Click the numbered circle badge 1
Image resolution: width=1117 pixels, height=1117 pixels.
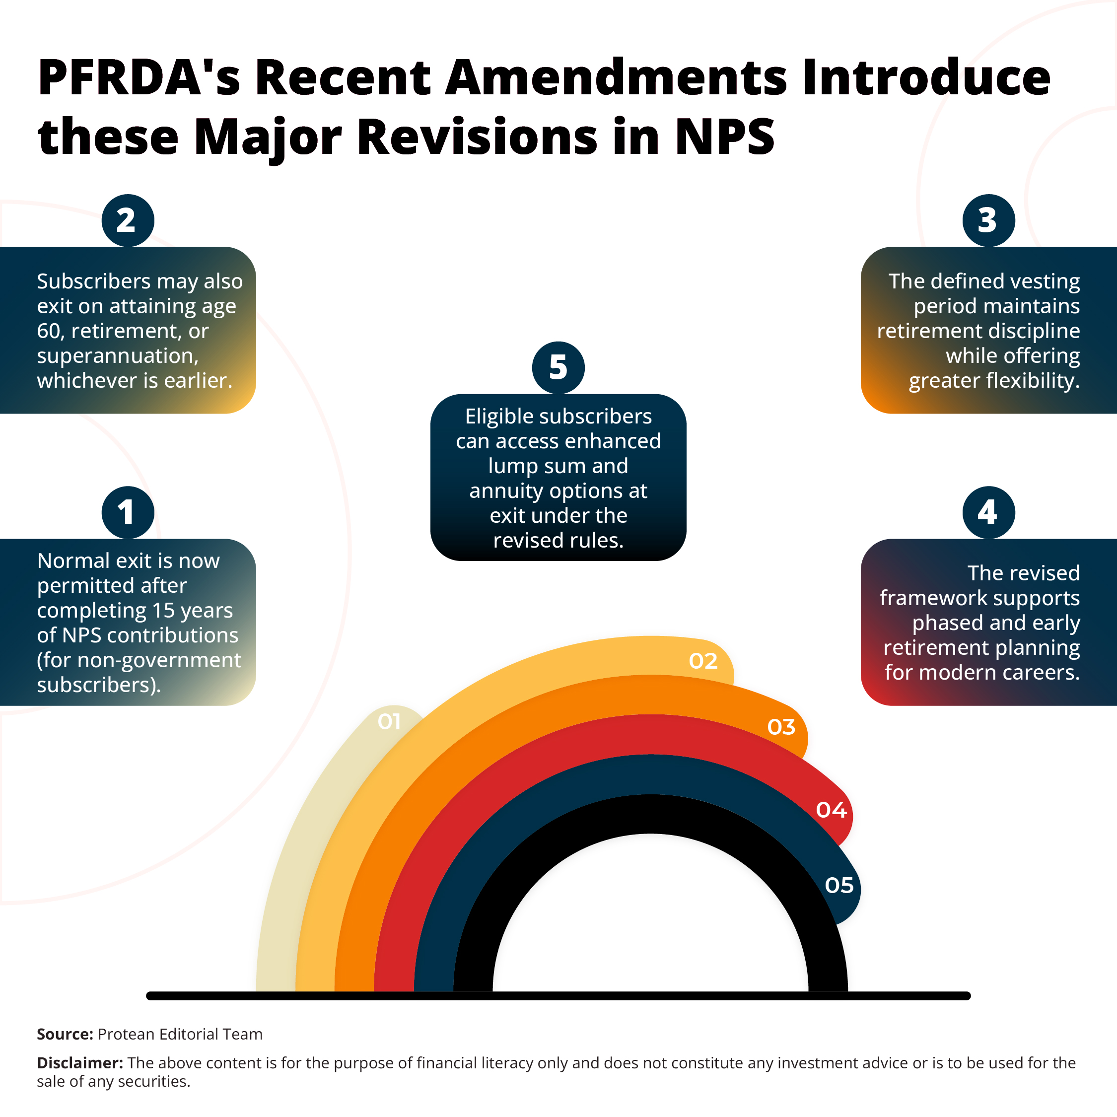click(x=128, y=512)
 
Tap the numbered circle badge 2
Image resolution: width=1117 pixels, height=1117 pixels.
click(x=128, y=220)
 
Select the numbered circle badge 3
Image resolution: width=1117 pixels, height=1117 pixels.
click(x=988, y=220)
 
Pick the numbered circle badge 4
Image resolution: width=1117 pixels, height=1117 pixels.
click(x=988, y=512)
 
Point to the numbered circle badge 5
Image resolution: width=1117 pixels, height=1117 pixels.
click(x=558, y=368)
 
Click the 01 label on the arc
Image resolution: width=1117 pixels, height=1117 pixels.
click(x=389, y=721)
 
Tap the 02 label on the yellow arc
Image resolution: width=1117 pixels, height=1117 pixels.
click(x=703, y=661)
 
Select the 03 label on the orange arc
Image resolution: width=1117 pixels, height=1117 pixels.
click(x=781, y=727)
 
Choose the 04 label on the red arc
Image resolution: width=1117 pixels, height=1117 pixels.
click(x=832, y=810)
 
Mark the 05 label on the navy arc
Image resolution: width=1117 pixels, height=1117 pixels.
click(x=839, y=885)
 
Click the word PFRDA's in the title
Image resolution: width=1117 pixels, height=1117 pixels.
click(x=139, y=77)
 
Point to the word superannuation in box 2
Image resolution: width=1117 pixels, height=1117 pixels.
click(x=117, y=356)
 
